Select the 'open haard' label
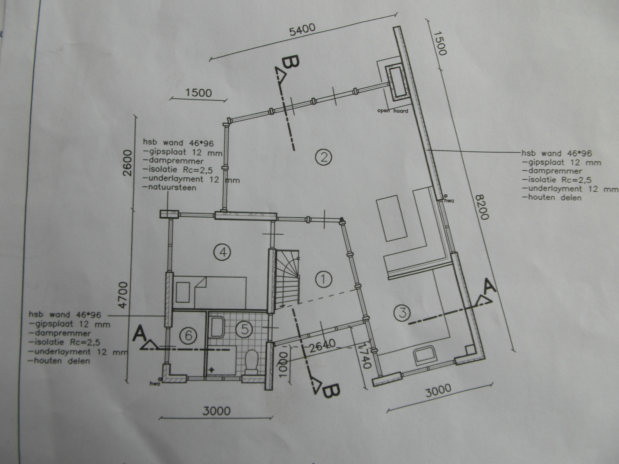pos(393,111)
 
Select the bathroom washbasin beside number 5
pos(217,327)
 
